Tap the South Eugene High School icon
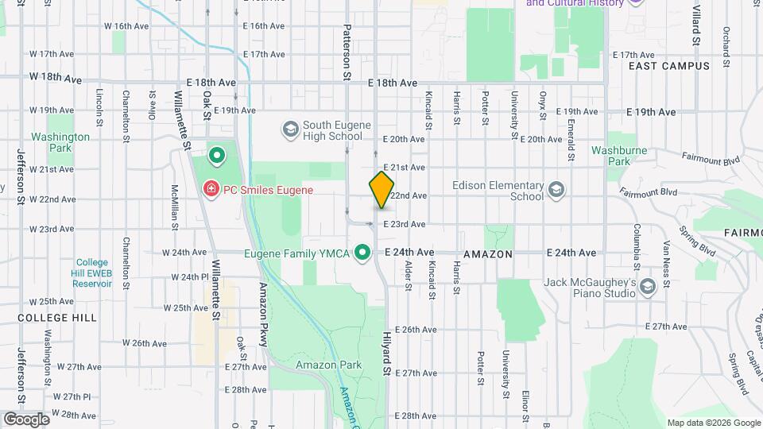click(x=290, y=129)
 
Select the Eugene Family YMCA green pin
click(x=363, y=253)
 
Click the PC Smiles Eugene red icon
click(x=211, y=190)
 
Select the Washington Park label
click(x=60, y=142)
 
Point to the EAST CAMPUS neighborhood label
click(x=668, y=66)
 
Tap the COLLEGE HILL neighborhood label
click(x=48, y=317)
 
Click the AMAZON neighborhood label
click(x=488, y=253)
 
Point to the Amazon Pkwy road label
click(x=262, y=315)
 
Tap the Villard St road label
click(x=695, y=24)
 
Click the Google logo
click(x=26, y=419)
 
